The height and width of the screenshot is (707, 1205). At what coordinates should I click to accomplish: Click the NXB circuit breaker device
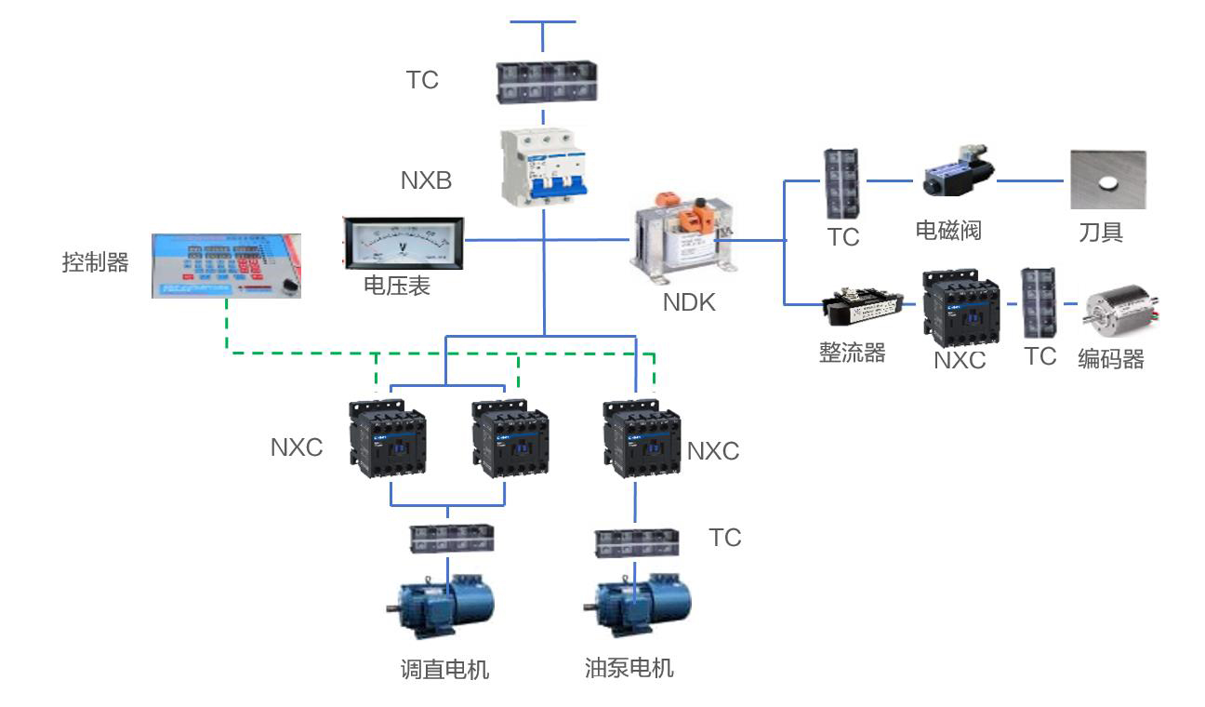pos(545,168)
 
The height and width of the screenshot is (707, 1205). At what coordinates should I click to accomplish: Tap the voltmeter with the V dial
pos(400,245)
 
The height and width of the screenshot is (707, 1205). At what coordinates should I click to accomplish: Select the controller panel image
pos(227,264)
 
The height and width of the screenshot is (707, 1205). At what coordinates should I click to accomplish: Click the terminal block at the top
pos(546,82)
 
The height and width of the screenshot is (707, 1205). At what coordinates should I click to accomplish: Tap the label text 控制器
pos(95,262)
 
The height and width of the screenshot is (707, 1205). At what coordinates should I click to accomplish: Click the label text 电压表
pos(397,286)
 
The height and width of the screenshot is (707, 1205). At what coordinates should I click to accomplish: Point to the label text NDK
pos(689,301)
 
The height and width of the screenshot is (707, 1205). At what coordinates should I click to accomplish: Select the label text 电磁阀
pos(948,230)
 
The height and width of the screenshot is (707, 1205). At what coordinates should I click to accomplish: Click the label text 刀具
pos(1101,232)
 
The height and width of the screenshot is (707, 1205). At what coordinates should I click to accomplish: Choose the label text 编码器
pos(1110,359)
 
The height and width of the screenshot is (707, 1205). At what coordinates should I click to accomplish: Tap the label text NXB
pos(426,180)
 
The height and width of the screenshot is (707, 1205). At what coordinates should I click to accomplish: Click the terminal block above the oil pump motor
pos(637,542)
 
